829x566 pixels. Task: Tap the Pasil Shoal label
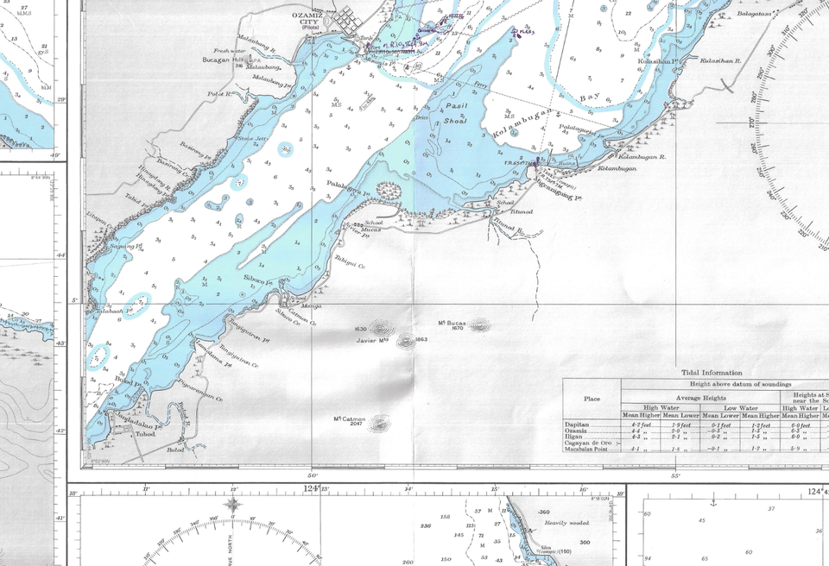[x=452, y=113]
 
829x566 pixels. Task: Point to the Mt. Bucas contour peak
[x=478, y=325]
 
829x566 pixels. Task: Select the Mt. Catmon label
[x=349, y=421]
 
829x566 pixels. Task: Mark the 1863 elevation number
[x=421, y=339]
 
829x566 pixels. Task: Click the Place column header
[x=592, y=399]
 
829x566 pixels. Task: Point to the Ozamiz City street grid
[x=348, y=19]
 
